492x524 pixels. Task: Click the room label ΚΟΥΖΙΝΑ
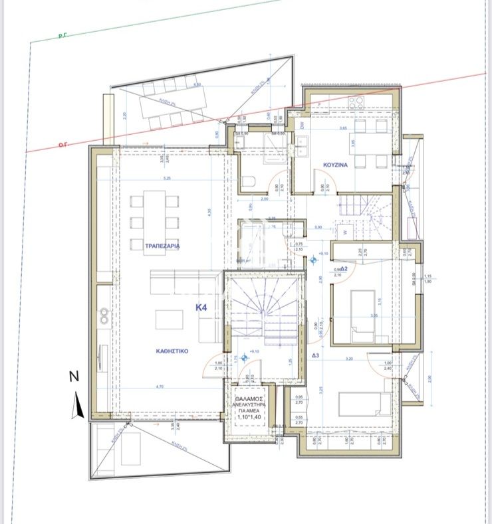pos(336,163)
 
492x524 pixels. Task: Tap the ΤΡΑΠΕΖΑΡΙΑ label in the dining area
pos(163,246)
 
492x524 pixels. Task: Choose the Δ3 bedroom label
pos(316,356)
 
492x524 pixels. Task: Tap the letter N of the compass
pos(74,377)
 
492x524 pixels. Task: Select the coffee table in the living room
pos(169,319)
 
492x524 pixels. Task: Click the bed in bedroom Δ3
pos(360,404)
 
